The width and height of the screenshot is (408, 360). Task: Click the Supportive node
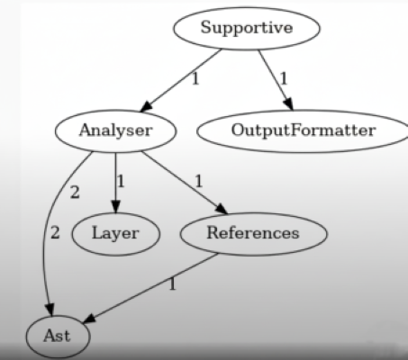(x=247, y=28)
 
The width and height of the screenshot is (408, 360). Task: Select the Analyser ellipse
(x=116, y=130)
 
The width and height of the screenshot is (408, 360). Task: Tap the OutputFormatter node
(x=303, y=130)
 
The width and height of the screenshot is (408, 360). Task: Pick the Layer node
(x=116, y=234)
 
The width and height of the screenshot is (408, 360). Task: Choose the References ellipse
(x=253, y=234)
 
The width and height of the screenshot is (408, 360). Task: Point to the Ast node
(x=58, y=336)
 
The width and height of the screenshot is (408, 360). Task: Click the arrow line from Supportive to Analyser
(x=181, y=80)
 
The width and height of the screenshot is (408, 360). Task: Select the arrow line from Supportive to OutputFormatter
(x=276, y=80)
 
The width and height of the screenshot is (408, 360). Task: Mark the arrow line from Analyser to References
(x=185, y=183)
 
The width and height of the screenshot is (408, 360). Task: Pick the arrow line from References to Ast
(x=150, y=288)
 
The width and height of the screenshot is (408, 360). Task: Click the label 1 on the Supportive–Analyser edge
(x=195, y=79)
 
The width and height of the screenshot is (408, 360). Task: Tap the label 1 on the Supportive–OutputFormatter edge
(x=284, y=79)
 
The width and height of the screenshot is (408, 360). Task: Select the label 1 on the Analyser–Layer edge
(x=121, y=182)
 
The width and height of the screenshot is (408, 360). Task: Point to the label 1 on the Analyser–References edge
(x=198, y=182)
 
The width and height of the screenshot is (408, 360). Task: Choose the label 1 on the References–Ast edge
(x=172, y=284)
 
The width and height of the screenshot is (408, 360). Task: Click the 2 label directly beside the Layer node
(x=55, y=233)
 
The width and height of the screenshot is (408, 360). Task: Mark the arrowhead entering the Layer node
(x=116, y=207)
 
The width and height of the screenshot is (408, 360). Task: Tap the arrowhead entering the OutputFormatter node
(x=289, y=104)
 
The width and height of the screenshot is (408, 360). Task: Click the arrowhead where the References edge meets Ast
(x=89, y=319)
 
